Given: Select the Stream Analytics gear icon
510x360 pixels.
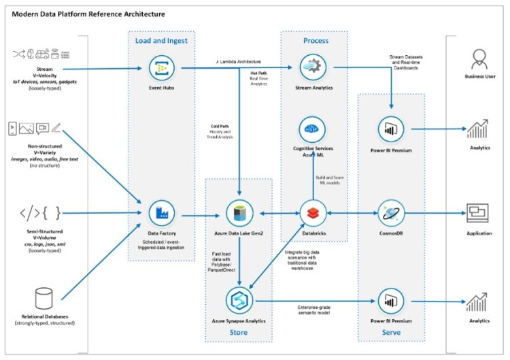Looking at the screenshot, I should pyautogui.click(x=313, y=68).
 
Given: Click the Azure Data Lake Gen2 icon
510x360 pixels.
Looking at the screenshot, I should pyautogui.click(x=239, y=213).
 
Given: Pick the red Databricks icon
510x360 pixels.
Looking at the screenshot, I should pyautogui.click(x=313, y=213).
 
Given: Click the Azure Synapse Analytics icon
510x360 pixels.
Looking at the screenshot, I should pyautogui.click(x=239, y=300).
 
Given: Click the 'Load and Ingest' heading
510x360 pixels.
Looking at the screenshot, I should pyautogui.click(x=161, y=40).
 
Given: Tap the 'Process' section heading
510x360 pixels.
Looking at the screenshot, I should pyautogui.click(x=316, y=40).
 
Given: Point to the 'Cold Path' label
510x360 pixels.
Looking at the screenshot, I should pyautogui.click(x=222, y=127).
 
